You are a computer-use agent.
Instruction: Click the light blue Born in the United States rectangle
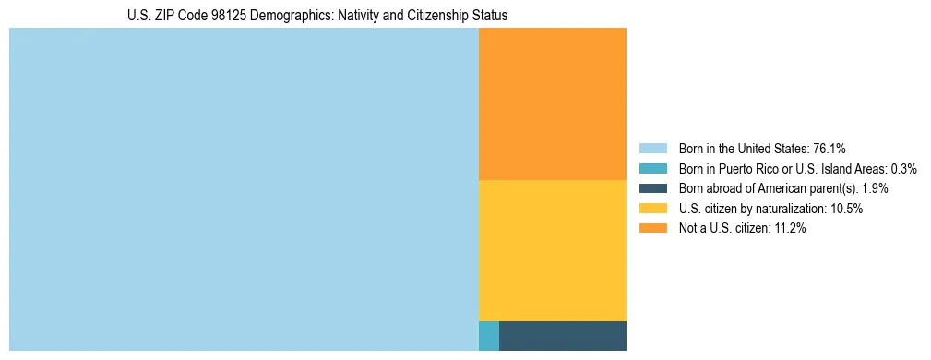[244, 189]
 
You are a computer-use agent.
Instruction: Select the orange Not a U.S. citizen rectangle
[552, 103]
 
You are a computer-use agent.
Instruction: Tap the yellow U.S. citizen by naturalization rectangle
[552, 250]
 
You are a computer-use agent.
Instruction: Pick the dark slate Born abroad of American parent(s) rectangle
[562, 336]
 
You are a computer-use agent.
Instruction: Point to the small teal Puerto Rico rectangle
[489, 336]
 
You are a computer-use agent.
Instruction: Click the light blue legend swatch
[652, 148]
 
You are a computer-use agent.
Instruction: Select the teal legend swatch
[652, 168]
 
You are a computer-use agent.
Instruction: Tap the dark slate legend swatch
[652, 188]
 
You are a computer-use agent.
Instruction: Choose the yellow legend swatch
[652, 209]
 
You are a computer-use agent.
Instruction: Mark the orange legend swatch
[652, 229]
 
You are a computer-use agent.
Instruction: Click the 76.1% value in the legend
[830, 148]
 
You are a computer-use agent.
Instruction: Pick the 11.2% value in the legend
[789, 229]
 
